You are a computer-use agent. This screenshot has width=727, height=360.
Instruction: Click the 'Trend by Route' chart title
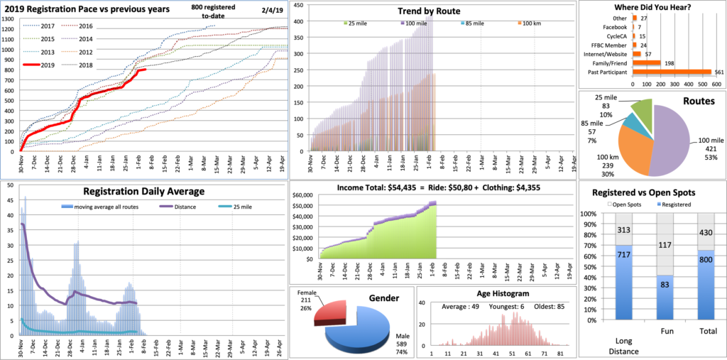[x=429, y=11]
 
